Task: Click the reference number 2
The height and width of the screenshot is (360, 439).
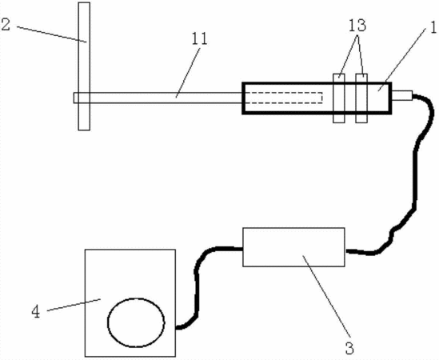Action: coord(6,24)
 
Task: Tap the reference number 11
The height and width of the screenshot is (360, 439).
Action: coord(199,39)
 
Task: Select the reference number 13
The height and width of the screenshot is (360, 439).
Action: coord(357,26)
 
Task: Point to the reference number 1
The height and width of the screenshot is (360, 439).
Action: coord(433,28)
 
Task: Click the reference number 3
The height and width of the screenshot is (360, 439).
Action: coord(349,348)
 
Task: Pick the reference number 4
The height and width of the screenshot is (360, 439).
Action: coord(35,311)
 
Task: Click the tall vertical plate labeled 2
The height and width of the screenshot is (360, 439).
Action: coord(84,66)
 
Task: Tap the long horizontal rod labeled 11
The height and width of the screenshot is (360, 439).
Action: coord(158,98)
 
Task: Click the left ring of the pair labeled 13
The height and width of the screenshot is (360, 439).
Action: coord(339,98)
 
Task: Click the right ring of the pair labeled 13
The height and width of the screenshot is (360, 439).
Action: coord(361,98)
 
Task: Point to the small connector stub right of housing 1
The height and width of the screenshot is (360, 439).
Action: coord(402,95)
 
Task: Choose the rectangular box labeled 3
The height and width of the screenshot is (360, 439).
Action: coord(293,247)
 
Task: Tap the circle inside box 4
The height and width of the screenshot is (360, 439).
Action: coord(136,322)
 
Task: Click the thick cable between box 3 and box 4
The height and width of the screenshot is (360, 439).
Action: coord(197,283)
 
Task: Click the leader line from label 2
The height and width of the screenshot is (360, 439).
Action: coord(51,34)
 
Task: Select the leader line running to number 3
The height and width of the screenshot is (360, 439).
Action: coord(327,296)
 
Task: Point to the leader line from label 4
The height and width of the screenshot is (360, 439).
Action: coord(74,305)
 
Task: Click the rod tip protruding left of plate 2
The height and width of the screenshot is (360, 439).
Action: coord(76,98)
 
